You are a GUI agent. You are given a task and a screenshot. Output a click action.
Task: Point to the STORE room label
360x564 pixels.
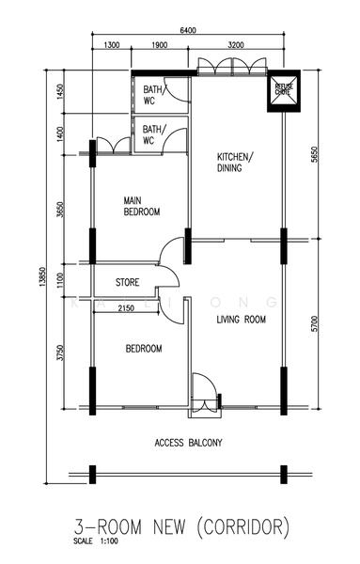(129, 282)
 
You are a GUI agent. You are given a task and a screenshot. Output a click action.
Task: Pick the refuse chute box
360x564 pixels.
(283, 90)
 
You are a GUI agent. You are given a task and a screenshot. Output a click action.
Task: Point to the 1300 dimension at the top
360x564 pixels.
(111, 45)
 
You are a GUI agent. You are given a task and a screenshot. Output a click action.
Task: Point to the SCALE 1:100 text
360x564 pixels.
(99, 542)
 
